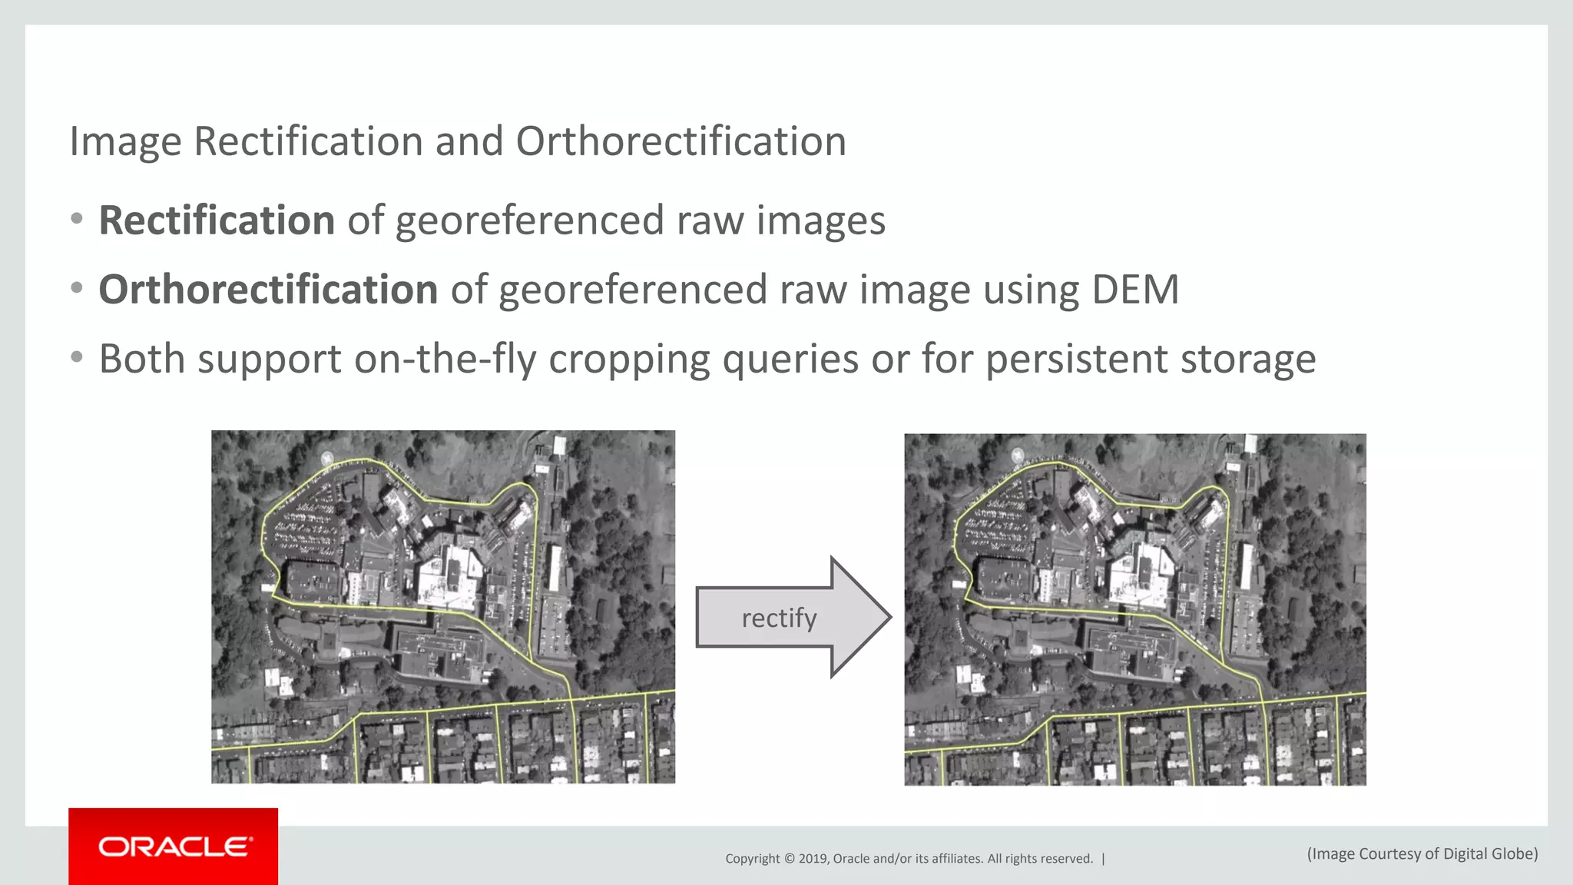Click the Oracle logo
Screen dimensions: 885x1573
(174, 847)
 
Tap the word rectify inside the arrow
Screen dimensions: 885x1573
(779, 618)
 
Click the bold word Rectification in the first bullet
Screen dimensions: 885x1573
(217, 220)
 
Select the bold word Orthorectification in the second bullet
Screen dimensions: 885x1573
(268, 290)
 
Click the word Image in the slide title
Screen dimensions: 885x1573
(125, 142)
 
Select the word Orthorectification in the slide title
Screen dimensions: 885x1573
(681, 142)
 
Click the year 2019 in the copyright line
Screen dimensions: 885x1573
(813, 859)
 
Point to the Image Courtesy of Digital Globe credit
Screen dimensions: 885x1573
(1422, 854)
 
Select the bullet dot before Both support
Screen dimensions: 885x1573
(76, 357)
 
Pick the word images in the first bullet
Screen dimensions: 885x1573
(820, 222)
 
